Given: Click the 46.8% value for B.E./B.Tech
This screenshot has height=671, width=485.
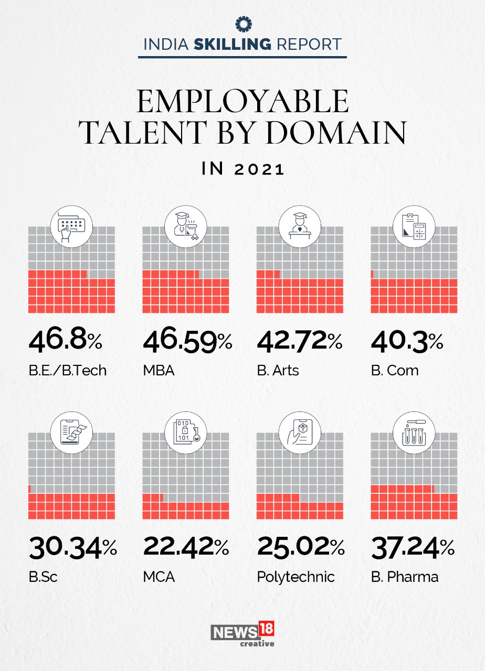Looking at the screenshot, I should (x=66, y=342).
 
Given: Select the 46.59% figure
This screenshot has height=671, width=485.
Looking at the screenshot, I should (x=187, y=342).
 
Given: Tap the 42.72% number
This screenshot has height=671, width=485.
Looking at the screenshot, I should (x=300, y=342).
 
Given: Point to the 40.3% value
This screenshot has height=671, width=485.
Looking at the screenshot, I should (x=407, y=342).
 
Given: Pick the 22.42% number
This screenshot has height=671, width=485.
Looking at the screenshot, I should (x=186, y=548).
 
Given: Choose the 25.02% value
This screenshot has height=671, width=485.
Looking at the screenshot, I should (x=301, y=548).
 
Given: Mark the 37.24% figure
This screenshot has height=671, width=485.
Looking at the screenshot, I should (x=413, y=548).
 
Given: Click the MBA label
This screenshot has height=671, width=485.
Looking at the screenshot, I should (x=159, y=371).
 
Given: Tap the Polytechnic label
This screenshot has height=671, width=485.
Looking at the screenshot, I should (x=296, y=577).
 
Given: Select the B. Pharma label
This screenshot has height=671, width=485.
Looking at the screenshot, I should (x=405, y=577).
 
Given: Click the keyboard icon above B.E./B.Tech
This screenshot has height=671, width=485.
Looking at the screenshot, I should (x=71, y=227).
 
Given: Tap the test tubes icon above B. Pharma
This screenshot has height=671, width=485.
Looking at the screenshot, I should (x=414, y=432).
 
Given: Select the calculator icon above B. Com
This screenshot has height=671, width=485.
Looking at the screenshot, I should (x=414, y=227).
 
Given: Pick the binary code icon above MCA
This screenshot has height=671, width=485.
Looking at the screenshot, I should (x=186, y=432).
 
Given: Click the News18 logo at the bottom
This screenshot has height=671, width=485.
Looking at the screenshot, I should (x=242, y=633).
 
